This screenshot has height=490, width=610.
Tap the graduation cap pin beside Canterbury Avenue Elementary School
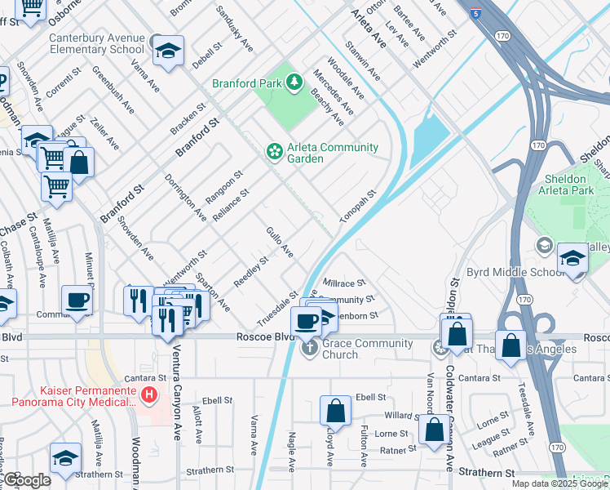[168, 51]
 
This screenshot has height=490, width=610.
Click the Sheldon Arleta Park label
[564, 185]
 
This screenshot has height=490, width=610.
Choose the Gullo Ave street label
[279, 243]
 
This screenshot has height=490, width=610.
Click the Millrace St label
[344, 283]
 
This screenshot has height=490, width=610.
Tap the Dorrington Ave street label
[185, 196]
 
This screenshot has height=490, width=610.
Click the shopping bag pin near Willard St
[434, 428]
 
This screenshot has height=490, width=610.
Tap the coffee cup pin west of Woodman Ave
[77, 300]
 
